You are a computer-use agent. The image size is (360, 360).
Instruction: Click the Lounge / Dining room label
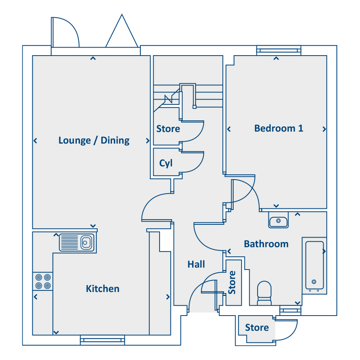pyautogui.click(x=94, y=140)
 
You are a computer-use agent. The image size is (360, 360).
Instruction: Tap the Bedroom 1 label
pyautogui.click(x=279, y=128)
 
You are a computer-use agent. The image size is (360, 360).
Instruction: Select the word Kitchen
pyautogui.click(x=103, y=289)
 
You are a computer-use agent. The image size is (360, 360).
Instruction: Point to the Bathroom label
pyautogui.click(x=266, y=244)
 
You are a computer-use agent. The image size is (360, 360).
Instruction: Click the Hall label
pyautogui.click(x=196, y=264)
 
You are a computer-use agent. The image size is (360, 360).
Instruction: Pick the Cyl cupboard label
pyautogui.click(x=166, y=164)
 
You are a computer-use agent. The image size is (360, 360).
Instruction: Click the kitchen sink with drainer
pyautogui.click(x=77, y=242)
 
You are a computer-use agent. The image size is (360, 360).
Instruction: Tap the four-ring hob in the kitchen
pyautogui.click(x=43, y=282)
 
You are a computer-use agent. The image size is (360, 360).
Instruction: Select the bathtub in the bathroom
pyautogui.click(x=314, y=266)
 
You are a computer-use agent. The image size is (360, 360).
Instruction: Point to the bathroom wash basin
pyautogui.click(x=278, y=221)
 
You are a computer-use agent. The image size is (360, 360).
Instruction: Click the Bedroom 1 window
pyautogui.click(x=279, y=50)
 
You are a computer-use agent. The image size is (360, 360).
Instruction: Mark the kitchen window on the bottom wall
pyautogui.click(x=102, y=340)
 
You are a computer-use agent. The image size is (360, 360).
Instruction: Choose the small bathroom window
pyautogui.click(x=290, y=310)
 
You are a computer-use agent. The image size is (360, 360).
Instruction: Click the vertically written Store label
pyautogui.click(x=232, y=283)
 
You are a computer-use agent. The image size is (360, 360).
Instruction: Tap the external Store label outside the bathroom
pyautogui.click(x=257, y=328)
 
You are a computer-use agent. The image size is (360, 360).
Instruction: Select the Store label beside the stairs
pyautogui.click(x=168, y=129)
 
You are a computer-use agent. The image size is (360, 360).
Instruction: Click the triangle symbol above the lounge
pyautogui.click(x=122, y=31)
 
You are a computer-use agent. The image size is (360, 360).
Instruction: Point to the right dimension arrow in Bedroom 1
pyautogui.click(x=324, y=129)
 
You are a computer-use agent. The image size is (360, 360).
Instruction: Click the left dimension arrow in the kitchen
pyautogui.click(x=36, y=297)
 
